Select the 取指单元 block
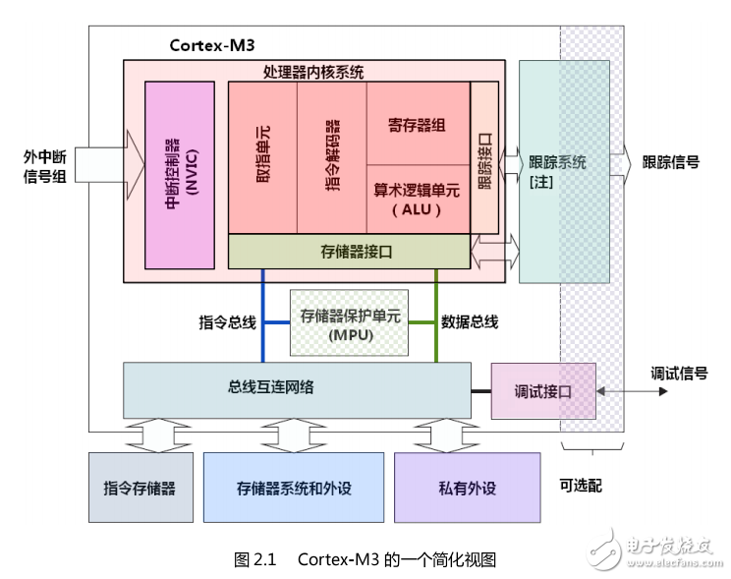pos(261,157)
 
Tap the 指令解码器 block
pos(331,157)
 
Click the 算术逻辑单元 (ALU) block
pos(418,198)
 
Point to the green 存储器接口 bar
pos(349,252)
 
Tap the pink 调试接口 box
pos(542,390)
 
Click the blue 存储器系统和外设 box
pos(293,487)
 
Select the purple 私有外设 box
pos(467,487)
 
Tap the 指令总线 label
pos(227,321)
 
